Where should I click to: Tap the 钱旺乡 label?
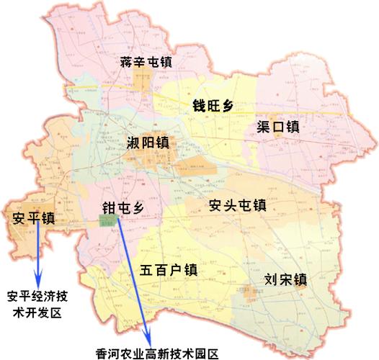(x=213, y=105)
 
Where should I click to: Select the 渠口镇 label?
(x=278, y=127)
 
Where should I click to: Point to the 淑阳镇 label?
(x=147, y=142)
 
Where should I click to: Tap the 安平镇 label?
(x=35, y=218)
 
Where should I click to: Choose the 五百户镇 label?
(x=168, y=271)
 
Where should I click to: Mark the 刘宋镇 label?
(x=286, y=279)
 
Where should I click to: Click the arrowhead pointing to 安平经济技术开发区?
(x=39, y=280)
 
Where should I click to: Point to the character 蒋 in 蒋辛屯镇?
(x=127, y=63)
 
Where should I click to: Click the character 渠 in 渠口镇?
(x=264, y=127)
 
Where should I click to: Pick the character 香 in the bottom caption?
(x=102, y=353)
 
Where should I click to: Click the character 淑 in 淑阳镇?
(x=133, y=142)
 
